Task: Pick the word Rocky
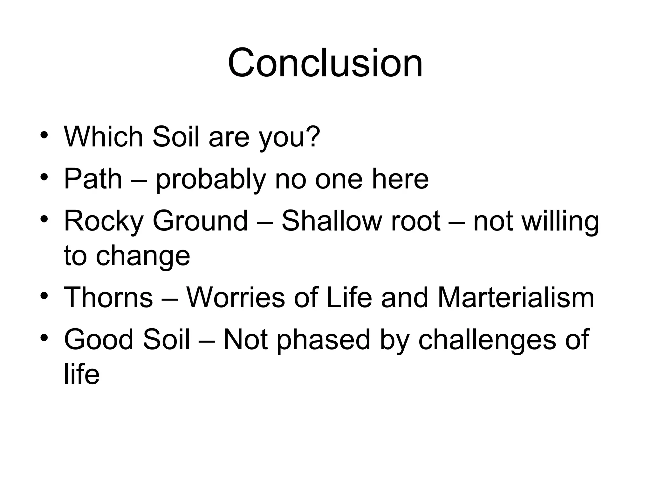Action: [104, 221]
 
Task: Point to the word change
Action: [143, 257]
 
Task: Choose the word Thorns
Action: [108, 297]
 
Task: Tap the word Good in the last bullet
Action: [99, 339]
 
